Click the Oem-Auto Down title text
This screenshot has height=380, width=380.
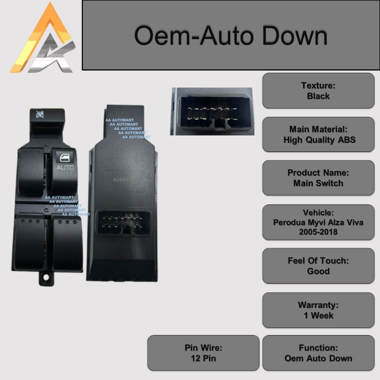point(230,36)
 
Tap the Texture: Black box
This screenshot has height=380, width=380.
point(318,91)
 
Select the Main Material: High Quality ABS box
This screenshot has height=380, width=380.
point(318,135)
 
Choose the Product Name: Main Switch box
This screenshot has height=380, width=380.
point(318,178)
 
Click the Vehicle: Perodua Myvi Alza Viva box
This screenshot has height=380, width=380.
point(318,222)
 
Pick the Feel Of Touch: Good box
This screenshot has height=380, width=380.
point(318,266)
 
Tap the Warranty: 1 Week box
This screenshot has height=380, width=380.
point(318,310)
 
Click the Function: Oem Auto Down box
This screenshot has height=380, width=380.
point(318,353)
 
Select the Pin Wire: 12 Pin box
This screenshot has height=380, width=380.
point(203,353)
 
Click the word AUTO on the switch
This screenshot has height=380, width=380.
point(65,168)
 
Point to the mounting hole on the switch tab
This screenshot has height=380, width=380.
point(46,277)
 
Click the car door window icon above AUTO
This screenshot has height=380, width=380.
point(65,157)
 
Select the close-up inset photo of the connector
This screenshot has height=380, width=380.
point(212,111)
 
